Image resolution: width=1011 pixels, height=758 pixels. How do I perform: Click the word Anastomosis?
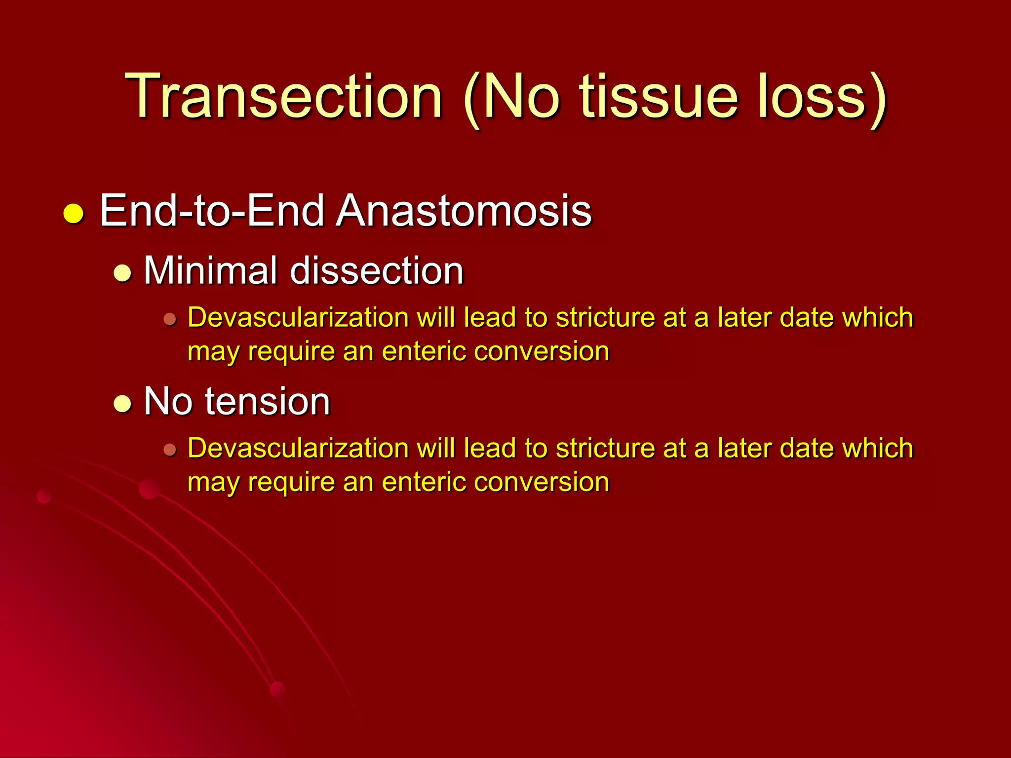click(464, 211)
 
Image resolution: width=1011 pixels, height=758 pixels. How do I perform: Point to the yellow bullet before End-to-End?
click(74, 214)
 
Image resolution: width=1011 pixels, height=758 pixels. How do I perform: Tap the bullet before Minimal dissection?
click(122, 273)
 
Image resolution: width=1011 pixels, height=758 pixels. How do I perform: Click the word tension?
click(267, 401)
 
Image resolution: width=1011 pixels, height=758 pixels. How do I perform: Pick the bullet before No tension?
click(122, 404)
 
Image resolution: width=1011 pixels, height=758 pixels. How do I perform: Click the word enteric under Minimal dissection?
click(424, 351)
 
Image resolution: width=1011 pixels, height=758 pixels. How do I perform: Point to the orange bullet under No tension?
click(170, 450)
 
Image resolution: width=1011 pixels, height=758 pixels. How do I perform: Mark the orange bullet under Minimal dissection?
click(170, 319)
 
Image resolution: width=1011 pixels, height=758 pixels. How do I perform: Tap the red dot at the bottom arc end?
click(278, 689)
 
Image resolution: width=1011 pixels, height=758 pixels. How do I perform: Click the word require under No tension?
click(291, 483)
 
